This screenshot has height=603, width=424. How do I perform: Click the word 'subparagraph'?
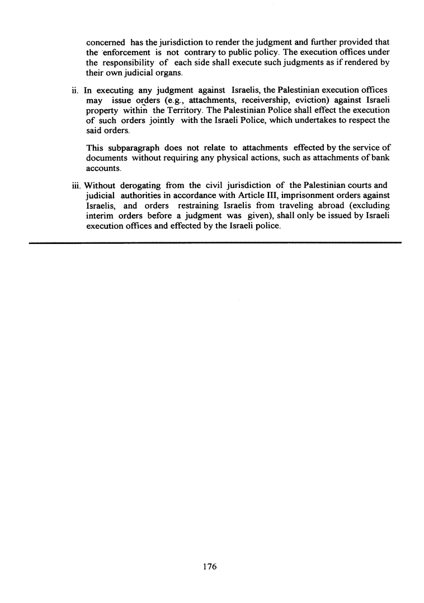click(134, 148)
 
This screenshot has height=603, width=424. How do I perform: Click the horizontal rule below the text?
click(215, 243)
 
